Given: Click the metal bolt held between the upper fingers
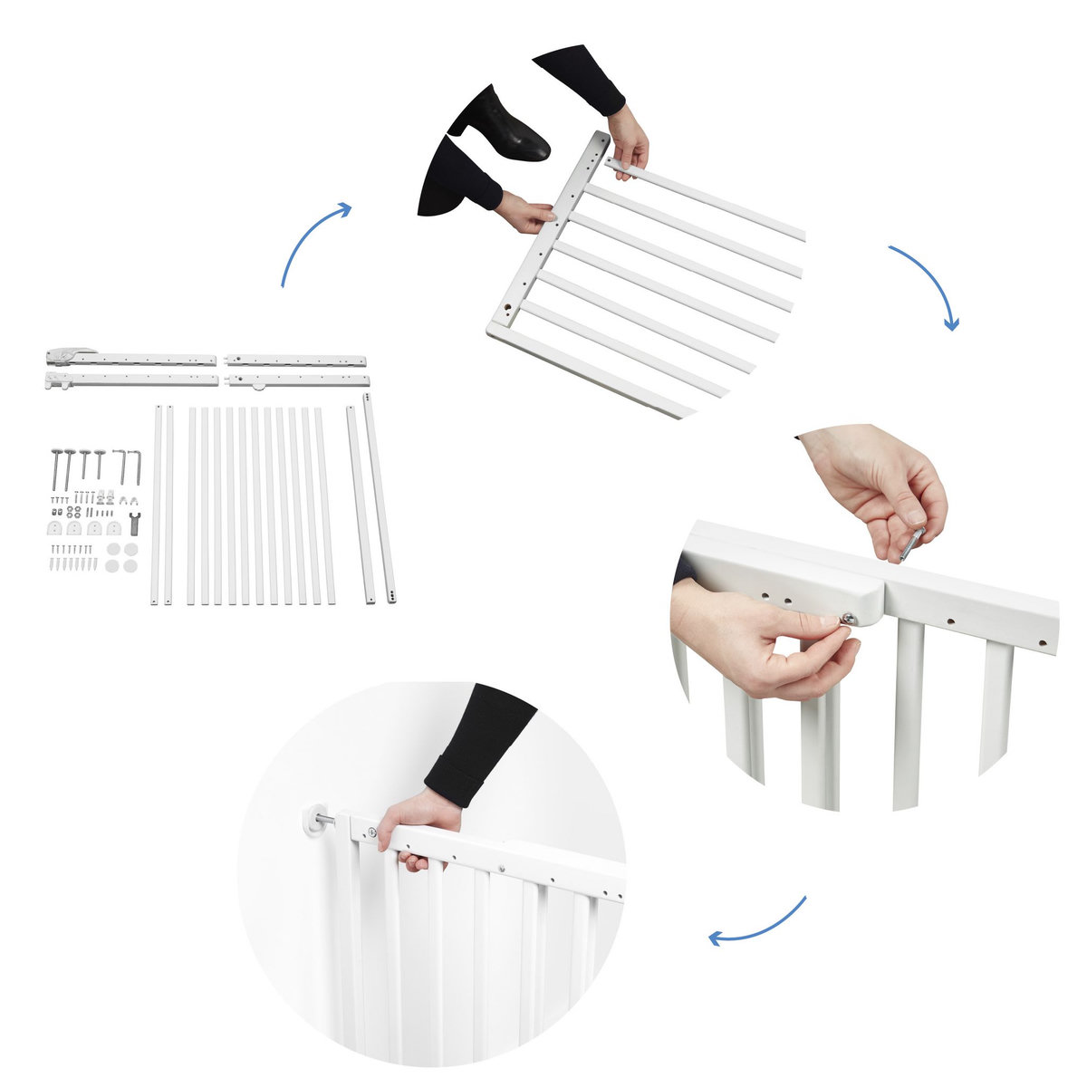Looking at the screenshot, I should (910, 543).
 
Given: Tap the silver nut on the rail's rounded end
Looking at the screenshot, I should (845, 619).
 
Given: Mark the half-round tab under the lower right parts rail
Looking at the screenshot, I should (260, 386).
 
